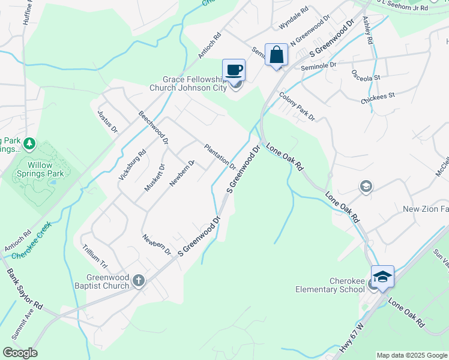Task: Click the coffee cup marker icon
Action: pyautogui.click(x=234, y=70)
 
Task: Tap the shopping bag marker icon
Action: pyautogui.click(x=276, y=55)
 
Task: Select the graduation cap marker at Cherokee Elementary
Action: pyautogui.click(x=382, y=276)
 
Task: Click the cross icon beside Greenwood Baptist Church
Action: pyautogui.click(x=139, y=280)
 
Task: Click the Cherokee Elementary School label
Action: pyautogui.click(x=330, y=285)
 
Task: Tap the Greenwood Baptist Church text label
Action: pyautogui.click(x=108, y=281)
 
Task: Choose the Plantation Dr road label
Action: pyautogui.click(x=220, y=155)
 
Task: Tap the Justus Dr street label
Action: pyautogui.click(x=107, y=120)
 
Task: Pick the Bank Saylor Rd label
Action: pyautogui.click(x=25, y=288)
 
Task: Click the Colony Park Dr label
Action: pyautogui.click(x=297, y=106)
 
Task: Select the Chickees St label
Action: pyautogui.click(x=378, y=95)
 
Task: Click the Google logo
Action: pyautogui.click(x=20, y=353)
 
